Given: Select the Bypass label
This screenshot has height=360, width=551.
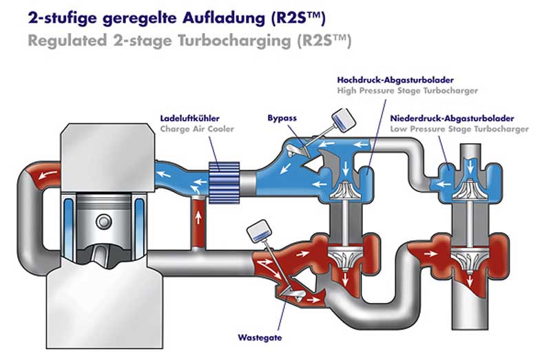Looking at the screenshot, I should (x=282, y=118).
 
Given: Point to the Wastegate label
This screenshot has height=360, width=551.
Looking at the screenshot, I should (x=260, y=338).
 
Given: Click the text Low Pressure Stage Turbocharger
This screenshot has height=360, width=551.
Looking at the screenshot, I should (x=459, y=129).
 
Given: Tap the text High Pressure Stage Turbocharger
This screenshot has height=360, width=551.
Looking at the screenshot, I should (x=407, y=90).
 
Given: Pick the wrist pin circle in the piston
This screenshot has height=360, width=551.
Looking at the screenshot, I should (x=103, y=221).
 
